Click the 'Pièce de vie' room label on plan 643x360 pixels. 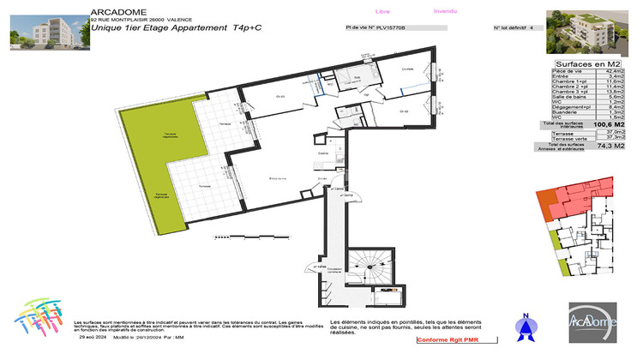click(x=277, y=177)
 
